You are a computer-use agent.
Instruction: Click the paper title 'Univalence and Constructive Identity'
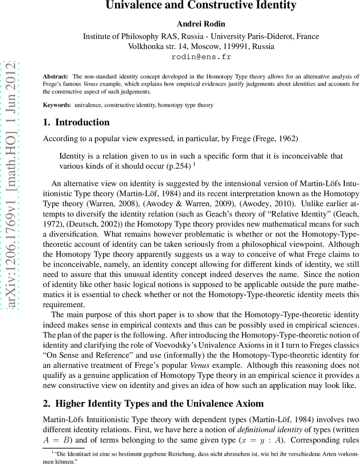pos(201,6)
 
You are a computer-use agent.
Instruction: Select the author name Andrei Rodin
pos(201,24)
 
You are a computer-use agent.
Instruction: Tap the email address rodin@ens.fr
pos(201,57)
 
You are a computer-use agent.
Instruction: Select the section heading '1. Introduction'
pos(76,123)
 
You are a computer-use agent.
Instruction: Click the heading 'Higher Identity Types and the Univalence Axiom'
pos(159,404)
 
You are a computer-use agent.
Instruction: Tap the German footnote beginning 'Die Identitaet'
pos(201,455)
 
